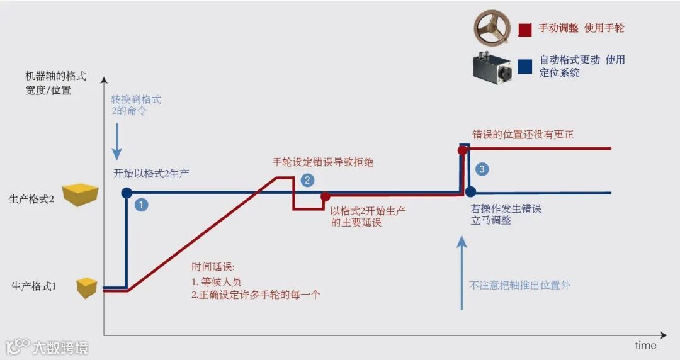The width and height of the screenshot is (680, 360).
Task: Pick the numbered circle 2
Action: click(307, 180)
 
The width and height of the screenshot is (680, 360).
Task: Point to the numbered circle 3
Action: click(482, 169)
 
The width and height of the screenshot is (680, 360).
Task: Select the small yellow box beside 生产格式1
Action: click(87, 287)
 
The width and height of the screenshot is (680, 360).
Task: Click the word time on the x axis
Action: click(645, 346)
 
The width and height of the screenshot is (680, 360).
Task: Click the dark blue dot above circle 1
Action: click(127, 193)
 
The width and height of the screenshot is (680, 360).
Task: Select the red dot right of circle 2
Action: click(326, 196)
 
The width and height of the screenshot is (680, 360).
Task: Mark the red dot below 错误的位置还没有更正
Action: click(462, 150)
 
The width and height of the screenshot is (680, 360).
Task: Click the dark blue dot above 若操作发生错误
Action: click(470, 192)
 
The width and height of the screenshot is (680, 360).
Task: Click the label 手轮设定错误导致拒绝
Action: click(322, 162)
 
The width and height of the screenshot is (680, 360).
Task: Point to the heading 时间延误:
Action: click(213, 267)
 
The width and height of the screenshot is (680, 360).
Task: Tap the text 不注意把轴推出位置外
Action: click(520, 285)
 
